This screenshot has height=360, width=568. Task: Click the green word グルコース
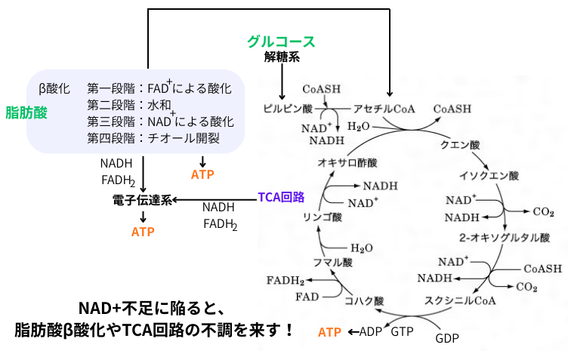(281, 42)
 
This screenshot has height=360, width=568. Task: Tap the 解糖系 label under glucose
(280, 57)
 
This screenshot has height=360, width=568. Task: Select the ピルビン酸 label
(286, 109)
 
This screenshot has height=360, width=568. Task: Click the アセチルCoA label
(384, 109)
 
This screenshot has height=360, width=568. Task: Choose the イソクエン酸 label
(489, 177)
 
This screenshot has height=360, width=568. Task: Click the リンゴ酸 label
(323, 217)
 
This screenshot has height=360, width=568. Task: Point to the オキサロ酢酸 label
(347, 162)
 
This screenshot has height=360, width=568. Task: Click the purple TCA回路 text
(281, 197)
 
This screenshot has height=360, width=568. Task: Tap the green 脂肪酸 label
(26, 113)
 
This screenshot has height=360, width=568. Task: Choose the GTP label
(403, 331)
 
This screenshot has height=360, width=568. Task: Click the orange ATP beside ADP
(329, 331)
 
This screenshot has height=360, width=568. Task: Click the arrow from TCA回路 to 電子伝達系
(215, 199)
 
